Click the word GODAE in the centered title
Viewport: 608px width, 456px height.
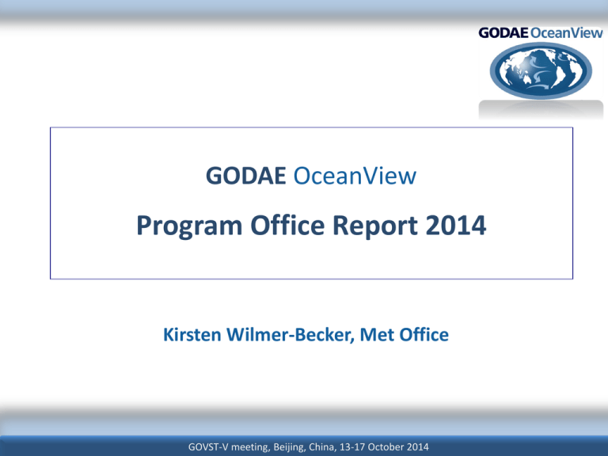246,176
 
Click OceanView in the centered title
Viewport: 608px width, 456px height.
355,176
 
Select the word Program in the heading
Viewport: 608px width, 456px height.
189,226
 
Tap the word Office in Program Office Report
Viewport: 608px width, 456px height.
287,225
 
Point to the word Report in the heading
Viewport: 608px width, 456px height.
375,226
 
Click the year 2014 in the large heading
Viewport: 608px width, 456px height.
456,226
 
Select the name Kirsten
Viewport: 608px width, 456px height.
192,335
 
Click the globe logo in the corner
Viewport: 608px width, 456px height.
541,70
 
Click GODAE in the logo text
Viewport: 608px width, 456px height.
503,33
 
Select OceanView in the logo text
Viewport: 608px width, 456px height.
567,33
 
